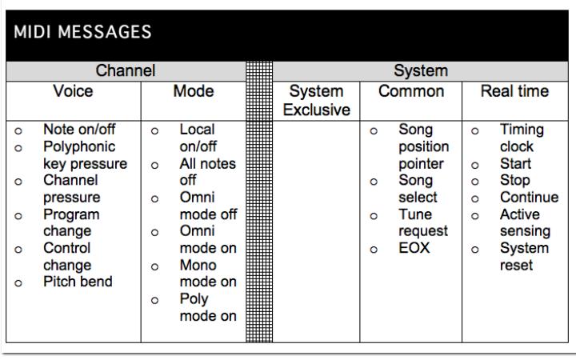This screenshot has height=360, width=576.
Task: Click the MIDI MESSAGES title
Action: point(82,32)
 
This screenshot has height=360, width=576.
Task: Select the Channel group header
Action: point(126,70)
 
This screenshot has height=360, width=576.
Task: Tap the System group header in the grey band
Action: point(421,70)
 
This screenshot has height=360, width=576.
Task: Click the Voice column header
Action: point(73,91)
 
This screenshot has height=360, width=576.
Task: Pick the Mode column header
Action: point(194,91)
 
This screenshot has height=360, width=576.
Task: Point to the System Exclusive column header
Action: point(316,101)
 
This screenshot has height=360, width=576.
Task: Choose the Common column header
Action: point(411,91)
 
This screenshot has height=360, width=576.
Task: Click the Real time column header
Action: point(514,91)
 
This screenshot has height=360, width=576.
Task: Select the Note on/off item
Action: point(79,130)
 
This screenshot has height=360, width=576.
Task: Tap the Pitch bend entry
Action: point(78,282)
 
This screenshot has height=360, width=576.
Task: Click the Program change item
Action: point(71,222)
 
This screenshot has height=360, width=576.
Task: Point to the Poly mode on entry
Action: point(208,307)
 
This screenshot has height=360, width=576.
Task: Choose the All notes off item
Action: point(207,172)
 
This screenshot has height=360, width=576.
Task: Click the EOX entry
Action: point(414,248)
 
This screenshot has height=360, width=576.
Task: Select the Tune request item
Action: point(423,222)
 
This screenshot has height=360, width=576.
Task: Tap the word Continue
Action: point(529,198)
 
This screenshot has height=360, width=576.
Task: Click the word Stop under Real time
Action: point(514,180)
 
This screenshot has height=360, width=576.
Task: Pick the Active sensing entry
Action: point(525,222)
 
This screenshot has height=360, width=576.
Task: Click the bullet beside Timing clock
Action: point(475,130)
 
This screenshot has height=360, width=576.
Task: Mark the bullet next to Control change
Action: point(18,250)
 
